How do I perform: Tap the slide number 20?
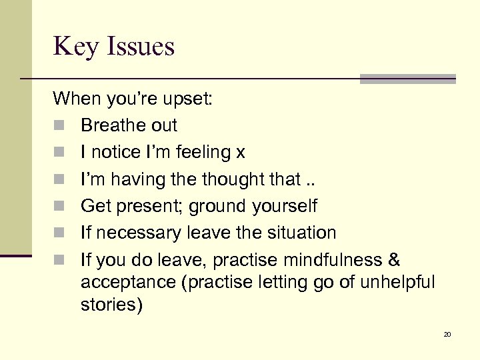[x=447, y=334]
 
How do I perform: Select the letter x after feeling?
[x=241, y=153]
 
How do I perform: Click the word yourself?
[x=285, y=207]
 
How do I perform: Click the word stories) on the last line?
[x=111, y=306]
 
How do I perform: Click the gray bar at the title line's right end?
[x=407, y=79]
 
